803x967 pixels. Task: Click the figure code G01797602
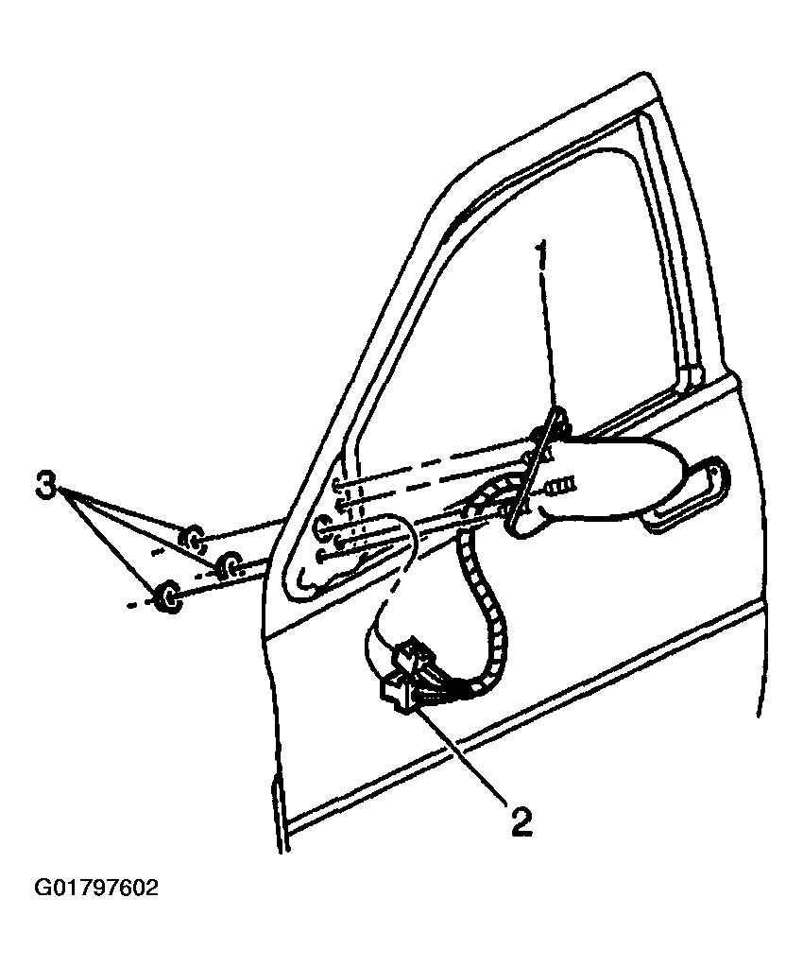coord(96,889)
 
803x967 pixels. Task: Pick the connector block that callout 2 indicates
coord(403,679)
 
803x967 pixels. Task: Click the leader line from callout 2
coord(460,754)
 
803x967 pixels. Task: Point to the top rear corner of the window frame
coord(647,77)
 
